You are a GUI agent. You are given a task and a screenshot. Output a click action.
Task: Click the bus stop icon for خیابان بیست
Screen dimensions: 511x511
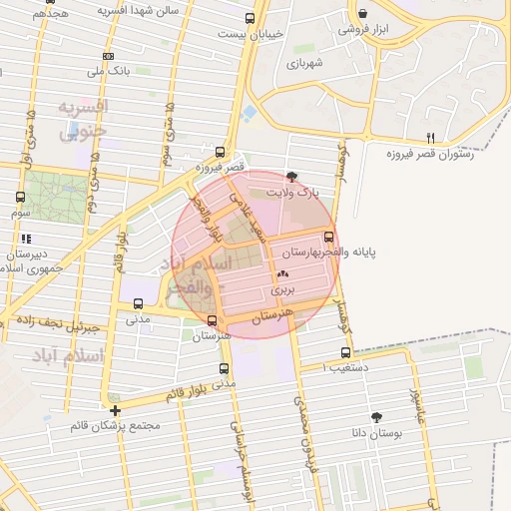point(250,17)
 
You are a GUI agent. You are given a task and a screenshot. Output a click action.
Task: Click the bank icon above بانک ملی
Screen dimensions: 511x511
point(108,56)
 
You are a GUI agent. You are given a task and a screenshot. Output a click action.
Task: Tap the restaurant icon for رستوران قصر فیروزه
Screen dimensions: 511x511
point(431,137)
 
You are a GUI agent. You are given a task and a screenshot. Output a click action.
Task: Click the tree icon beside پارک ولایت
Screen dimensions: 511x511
point(290,176)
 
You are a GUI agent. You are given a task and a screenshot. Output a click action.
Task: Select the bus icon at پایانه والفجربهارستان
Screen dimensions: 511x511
point(329,237)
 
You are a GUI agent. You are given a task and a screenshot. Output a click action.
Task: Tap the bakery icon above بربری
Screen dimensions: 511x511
point(282,272)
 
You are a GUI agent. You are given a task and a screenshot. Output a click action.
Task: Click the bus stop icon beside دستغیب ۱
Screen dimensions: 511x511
point(346,352)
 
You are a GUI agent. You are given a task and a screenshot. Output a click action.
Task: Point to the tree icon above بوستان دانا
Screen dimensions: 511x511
point(376,417)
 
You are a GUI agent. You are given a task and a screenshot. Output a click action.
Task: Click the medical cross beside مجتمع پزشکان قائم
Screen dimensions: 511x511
point(116,410)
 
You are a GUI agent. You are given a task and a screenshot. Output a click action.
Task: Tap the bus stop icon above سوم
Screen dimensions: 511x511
point(21,197)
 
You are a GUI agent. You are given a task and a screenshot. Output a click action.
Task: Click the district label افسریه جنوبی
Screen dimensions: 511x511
point(82,118)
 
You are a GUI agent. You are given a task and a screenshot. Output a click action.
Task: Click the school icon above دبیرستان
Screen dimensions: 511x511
point(25,239)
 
